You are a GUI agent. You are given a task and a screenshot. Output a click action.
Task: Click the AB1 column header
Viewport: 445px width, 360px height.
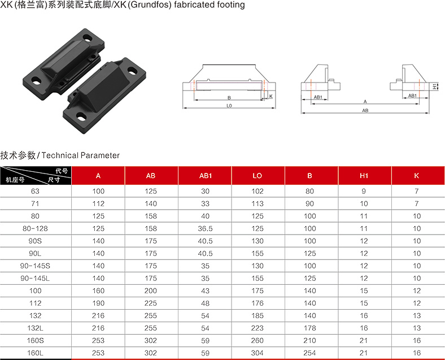point(205,176)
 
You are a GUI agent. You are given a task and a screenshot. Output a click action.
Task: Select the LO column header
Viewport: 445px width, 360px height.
point(257,176)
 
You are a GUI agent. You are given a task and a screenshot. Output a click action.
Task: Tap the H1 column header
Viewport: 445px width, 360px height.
point(364,176)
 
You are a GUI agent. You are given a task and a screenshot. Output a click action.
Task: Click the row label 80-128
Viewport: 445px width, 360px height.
point(35,228)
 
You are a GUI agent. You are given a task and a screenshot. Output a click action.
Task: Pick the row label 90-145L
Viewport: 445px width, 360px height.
point(35,278)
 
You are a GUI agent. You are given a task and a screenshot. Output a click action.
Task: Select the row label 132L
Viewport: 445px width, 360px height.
point(35,328)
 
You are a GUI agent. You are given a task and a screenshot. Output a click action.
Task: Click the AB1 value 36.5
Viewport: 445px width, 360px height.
point(205,228)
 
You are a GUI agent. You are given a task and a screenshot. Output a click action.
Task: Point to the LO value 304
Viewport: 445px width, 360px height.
point(257,353)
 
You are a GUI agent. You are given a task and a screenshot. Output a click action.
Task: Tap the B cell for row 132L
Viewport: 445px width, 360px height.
point(309,328)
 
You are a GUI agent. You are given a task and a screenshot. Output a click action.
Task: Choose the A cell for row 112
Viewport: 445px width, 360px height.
point(98,303)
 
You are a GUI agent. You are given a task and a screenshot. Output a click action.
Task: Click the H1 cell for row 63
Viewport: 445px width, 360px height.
point(364,191)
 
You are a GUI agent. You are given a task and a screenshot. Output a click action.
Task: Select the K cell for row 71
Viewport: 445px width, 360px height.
point(417,203)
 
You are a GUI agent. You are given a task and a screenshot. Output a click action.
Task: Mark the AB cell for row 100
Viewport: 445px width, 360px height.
point(151,290)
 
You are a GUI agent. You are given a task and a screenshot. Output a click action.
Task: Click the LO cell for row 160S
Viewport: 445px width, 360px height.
point(257,340)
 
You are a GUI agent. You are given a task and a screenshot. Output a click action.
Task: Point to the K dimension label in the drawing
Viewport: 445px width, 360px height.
point(271,97)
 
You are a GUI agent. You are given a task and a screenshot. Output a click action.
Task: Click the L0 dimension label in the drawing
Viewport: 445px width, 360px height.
point(229,106)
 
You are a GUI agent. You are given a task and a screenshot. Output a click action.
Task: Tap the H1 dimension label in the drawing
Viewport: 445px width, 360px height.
point(435,86)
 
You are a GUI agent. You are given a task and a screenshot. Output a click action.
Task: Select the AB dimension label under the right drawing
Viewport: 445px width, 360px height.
point(365,110)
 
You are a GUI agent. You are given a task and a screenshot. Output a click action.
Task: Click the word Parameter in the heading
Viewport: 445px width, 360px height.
point(100,155)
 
